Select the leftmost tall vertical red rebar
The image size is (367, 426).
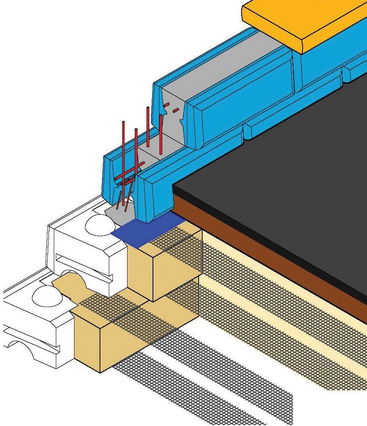coord(123,154)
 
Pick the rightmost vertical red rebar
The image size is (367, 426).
coord(161,134)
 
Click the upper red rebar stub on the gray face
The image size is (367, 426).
coord(166,105)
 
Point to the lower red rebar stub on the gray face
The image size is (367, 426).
coord(176,110)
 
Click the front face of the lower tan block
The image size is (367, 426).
coord(87,344)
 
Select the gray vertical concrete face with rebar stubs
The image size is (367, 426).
coord(174,121)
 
